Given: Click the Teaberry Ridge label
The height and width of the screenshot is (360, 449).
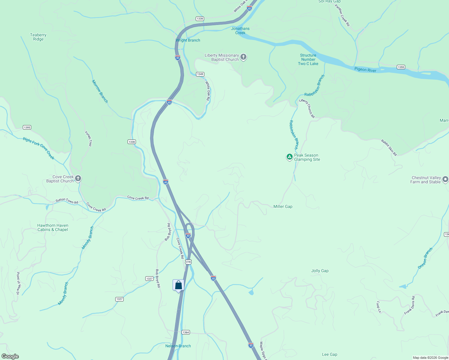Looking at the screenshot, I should click(x=38, y=37).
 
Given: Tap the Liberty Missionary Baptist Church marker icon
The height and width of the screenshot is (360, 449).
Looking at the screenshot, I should click(x=243, y=57).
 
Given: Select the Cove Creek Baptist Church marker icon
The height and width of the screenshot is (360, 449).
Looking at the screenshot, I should click(x=78, y=179).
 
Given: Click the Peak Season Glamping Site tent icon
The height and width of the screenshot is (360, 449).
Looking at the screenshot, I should click(x=289, y=157).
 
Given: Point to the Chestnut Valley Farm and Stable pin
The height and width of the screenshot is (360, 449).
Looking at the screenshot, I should click(x=445, y=179).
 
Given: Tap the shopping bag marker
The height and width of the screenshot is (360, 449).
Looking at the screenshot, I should click(x=178, y=285).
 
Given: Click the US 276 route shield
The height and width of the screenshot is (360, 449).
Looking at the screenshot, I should click(x=188, y=262).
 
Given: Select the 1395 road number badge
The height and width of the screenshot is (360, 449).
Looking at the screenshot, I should click(x=27, y=127).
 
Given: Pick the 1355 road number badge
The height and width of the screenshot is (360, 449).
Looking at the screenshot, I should click(x=401, y=67).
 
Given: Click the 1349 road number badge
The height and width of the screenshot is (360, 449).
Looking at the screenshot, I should click(x=200, y=74).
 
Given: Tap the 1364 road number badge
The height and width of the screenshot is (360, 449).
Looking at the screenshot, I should click(x=186, y=332).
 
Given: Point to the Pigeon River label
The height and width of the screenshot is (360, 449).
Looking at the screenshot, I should click(x=365, y=70).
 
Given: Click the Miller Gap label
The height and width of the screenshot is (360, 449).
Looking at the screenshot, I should click(x=283, y=206).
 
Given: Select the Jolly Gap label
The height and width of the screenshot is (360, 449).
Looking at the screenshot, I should click(x=320, y=271).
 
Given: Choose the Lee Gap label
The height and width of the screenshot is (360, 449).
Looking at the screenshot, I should click(x=330, y=354).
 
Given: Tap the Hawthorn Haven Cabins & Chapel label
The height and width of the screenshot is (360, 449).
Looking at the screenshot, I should click(x=53, y=227).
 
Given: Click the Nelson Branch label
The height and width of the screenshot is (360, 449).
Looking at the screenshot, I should click(x=178, y=346).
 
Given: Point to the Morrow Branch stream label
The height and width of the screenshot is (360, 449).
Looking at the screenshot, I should click(x=100, y=91).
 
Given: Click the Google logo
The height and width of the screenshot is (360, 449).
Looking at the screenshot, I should click(x=10, y=356).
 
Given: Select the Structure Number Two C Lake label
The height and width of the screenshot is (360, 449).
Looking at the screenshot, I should click(x=308, y=59).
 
